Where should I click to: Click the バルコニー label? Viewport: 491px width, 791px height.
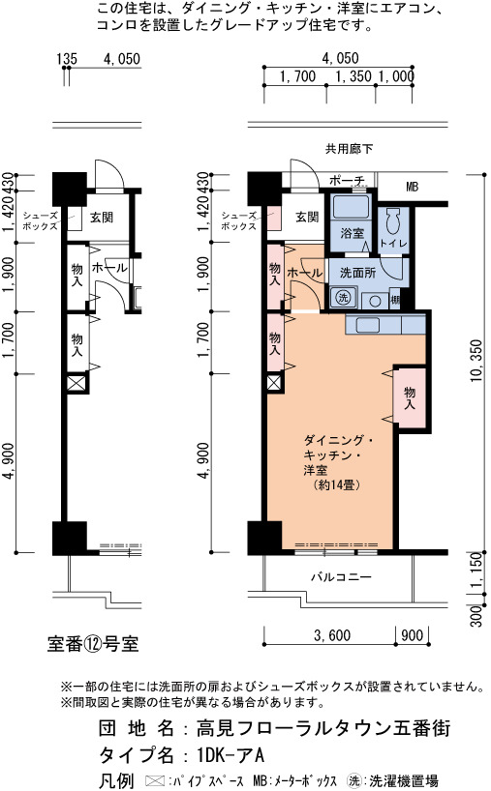click(341, 576)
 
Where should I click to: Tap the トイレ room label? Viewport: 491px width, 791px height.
click(393, 243)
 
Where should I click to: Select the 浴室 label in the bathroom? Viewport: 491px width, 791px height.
click(353, 232)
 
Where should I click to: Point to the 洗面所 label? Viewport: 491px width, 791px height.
click(357, 273)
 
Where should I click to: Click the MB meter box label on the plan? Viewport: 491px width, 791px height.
click(413, 187)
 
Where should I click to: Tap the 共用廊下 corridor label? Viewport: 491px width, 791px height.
click(349, 149)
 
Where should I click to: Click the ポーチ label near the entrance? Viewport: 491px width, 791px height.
click(347, 180)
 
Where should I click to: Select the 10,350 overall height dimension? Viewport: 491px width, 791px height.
click(476, 360)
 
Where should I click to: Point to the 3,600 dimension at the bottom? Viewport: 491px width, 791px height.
click(332, 635)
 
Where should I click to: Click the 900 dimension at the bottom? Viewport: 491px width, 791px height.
click(413, 635)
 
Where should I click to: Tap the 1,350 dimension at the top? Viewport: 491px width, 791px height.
click(353, 76)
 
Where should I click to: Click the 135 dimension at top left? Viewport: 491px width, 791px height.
click(67, 59)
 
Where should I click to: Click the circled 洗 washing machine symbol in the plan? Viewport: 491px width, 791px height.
click(344, 297)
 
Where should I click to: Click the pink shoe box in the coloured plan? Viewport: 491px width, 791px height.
click(274, 219)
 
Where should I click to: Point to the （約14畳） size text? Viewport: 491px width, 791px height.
click(336, 485)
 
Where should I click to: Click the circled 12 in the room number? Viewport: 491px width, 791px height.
click(92, 644)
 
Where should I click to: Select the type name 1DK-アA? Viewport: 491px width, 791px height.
click(230, 755)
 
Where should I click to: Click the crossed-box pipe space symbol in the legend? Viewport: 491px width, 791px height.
click(154, 781)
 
